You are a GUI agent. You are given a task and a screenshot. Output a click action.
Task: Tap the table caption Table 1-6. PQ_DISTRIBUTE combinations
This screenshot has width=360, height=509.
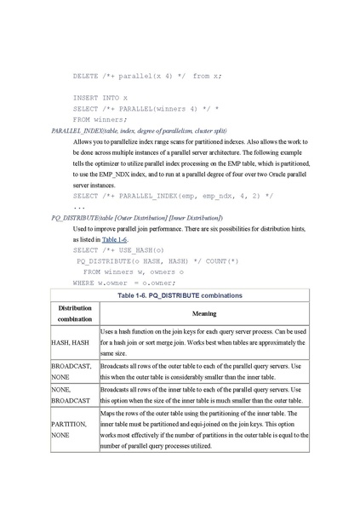180,295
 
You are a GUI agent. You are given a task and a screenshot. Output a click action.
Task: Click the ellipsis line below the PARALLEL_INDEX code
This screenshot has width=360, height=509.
78,207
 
